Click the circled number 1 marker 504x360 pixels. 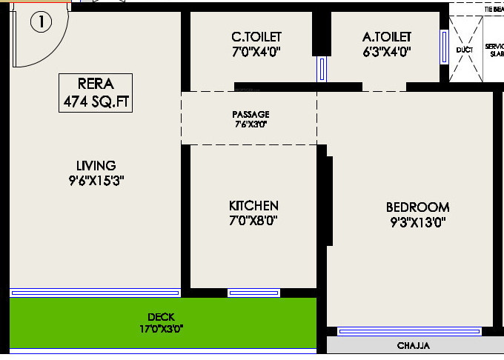(x=41, y=22)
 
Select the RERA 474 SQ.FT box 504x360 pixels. (x=96, y=93)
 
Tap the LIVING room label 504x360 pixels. (x=96, y=165)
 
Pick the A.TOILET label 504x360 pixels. (x=387, y=37)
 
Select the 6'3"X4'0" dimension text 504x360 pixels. (x=387, y=52)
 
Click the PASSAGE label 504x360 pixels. (x=251, y=114)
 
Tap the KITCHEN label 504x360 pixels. (x=253, y=205)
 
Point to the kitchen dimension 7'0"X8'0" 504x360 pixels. (x=253, y=220)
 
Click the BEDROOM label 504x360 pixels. (x=417, y=207)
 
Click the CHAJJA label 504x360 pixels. (x=414, y=346)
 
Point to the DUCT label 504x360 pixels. (x=465, y=50)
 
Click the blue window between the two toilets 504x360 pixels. (x=322, y=70)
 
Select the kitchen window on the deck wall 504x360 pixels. (x=253, y=293)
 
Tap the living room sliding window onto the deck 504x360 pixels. (x=95, y=293)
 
